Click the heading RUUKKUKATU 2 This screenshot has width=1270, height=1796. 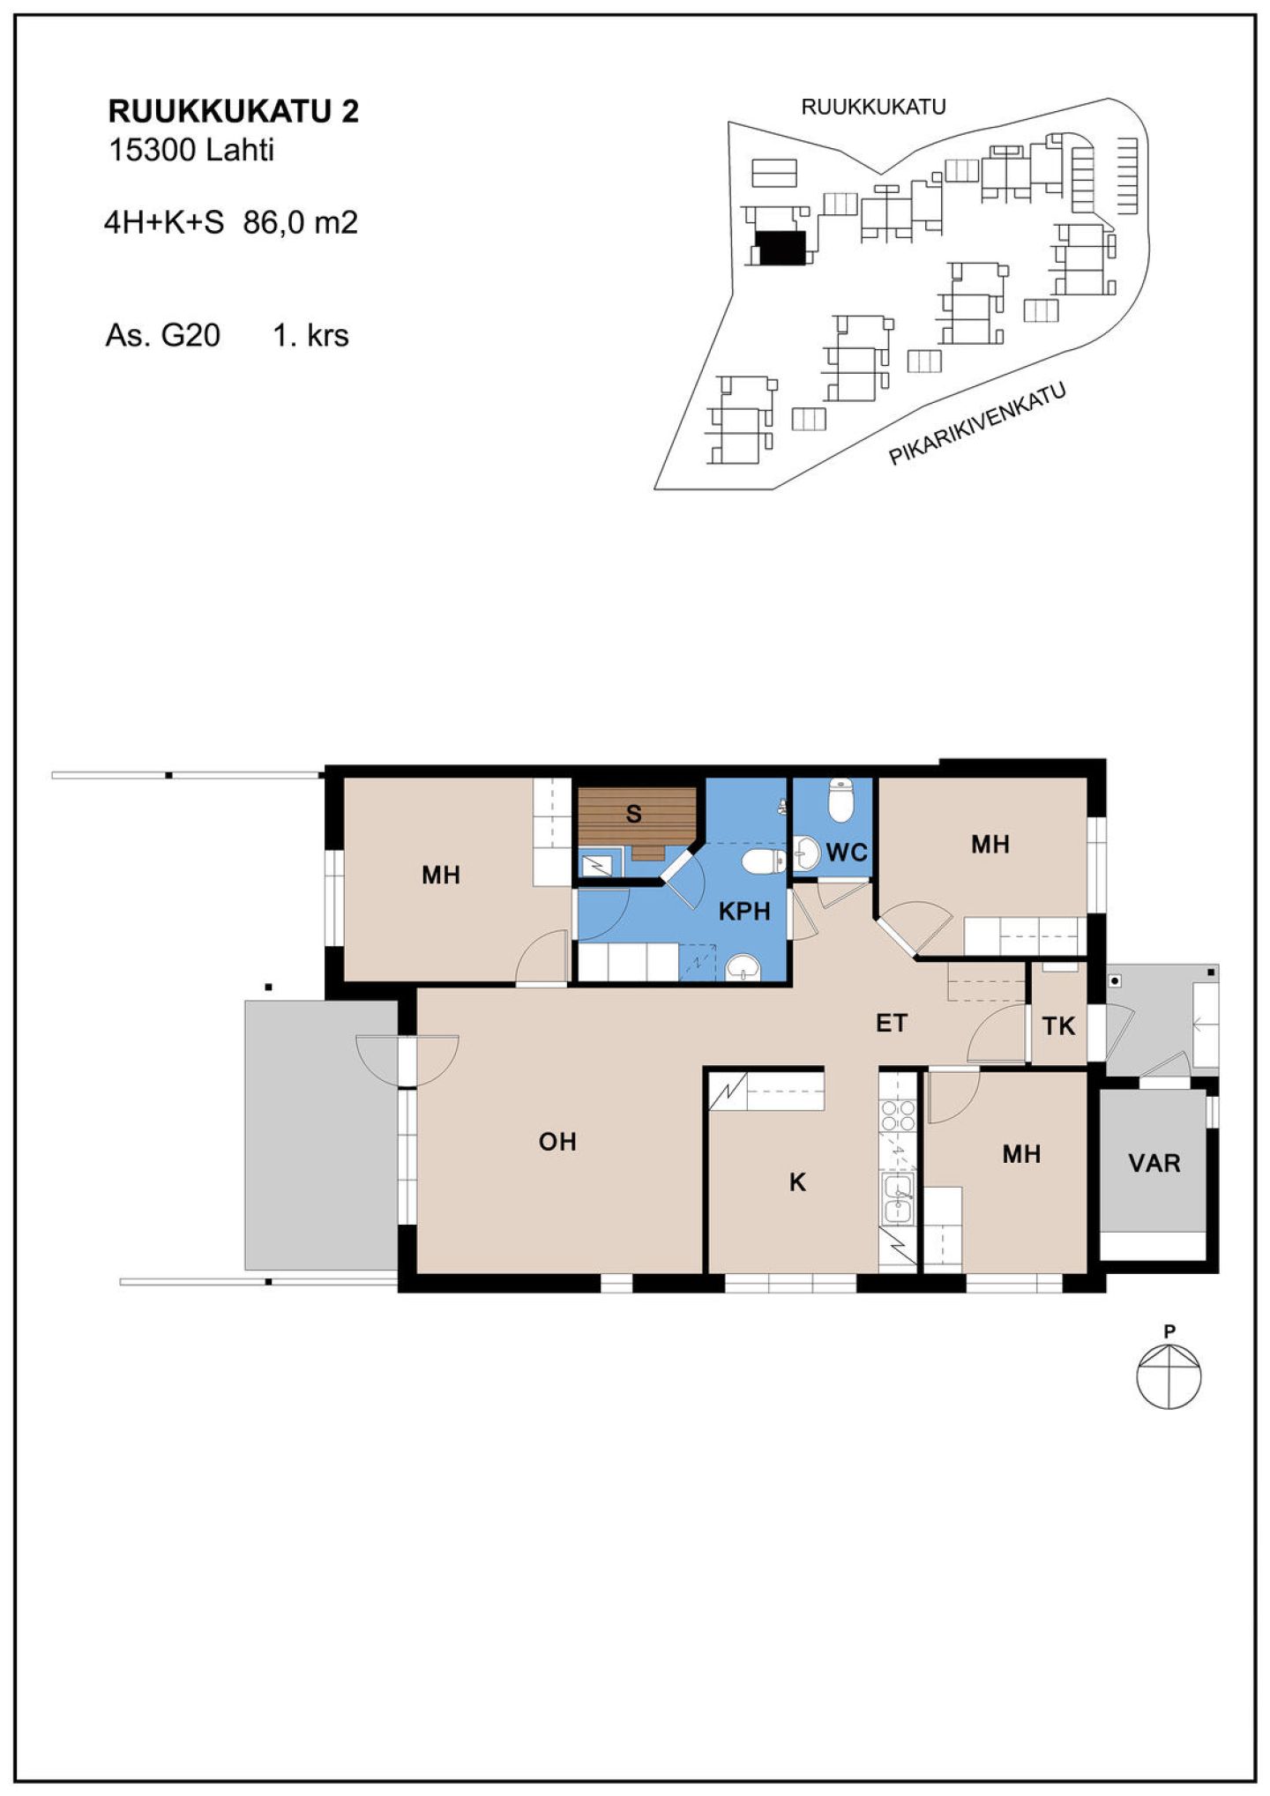233,112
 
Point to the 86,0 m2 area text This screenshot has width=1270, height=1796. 300,223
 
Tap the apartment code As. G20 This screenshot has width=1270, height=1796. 163,336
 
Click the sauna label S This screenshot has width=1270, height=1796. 633,814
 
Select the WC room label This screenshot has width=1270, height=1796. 847,853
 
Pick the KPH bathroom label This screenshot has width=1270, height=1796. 744,911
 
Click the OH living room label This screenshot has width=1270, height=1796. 557,1142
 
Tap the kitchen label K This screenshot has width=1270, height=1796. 797,1182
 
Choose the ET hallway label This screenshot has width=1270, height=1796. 891,1023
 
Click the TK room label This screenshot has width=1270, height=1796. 1058,1026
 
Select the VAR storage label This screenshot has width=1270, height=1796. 1154,1163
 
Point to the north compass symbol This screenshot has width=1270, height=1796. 1169,1375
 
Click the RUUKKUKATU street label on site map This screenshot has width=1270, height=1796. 873,108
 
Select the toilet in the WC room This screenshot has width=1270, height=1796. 841,799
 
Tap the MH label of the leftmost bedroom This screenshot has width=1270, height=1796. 441,875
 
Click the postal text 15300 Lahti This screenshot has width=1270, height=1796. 190,151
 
